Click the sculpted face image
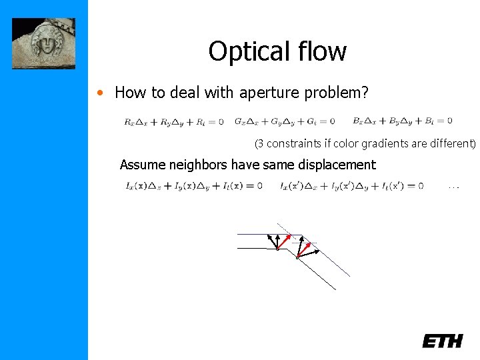point(43,43)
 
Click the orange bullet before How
point(100,93)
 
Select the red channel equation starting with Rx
point(173,121)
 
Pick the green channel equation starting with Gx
point(285,121)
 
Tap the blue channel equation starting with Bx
point(402,121)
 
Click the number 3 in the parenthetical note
point(261,143)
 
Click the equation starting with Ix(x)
point(193,185)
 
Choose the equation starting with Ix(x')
point(351,185)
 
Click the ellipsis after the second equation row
point(453,187)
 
